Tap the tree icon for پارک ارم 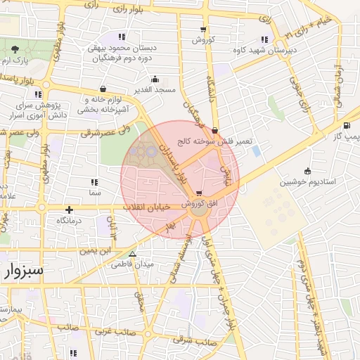[15, 49]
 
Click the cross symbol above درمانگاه [69, 210]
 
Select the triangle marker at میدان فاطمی [132, 254]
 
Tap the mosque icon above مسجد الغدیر [155, 79]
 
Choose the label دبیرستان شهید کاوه [264, 51]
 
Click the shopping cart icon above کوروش [203, 30]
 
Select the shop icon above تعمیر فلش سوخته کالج [214, 129]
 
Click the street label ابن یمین [96, 250]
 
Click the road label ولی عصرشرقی [105, 131]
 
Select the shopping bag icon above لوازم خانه [104, 89]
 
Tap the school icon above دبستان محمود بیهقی [122, 37]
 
